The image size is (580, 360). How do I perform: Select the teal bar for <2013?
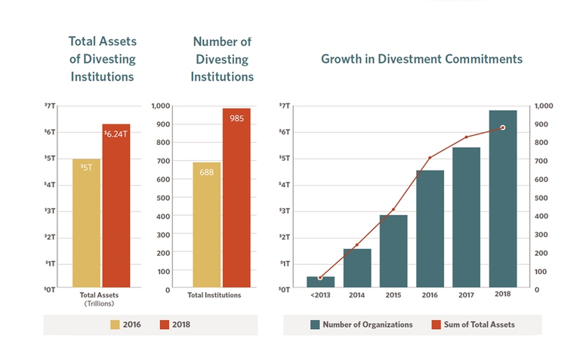(320, 282)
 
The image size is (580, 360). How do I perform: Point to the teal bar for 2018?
(503, 199)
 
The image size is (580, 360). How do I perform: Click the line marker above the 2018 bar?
(503, 128)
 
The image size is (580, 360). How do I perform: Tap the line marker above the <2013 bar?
(320, 278)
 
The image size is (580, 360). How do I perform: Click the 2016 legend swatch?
(116, 325)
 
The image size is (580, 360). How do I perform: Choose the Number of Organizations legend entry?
(361, 325)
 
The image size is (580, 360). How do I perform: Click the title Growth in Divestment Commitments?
(421, 59)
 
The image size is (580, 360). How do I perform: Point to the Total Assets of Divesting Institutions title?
(102, 59)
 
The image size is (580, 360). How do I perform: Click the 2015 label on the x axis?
(393, 294)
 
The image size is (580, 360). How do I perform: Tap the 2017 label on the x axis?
(467, 294)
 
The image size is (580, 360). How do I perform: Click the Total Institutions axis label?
(214, 295)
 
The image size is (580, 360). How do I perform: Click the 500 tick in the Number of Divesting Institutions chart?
(162, 198)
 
